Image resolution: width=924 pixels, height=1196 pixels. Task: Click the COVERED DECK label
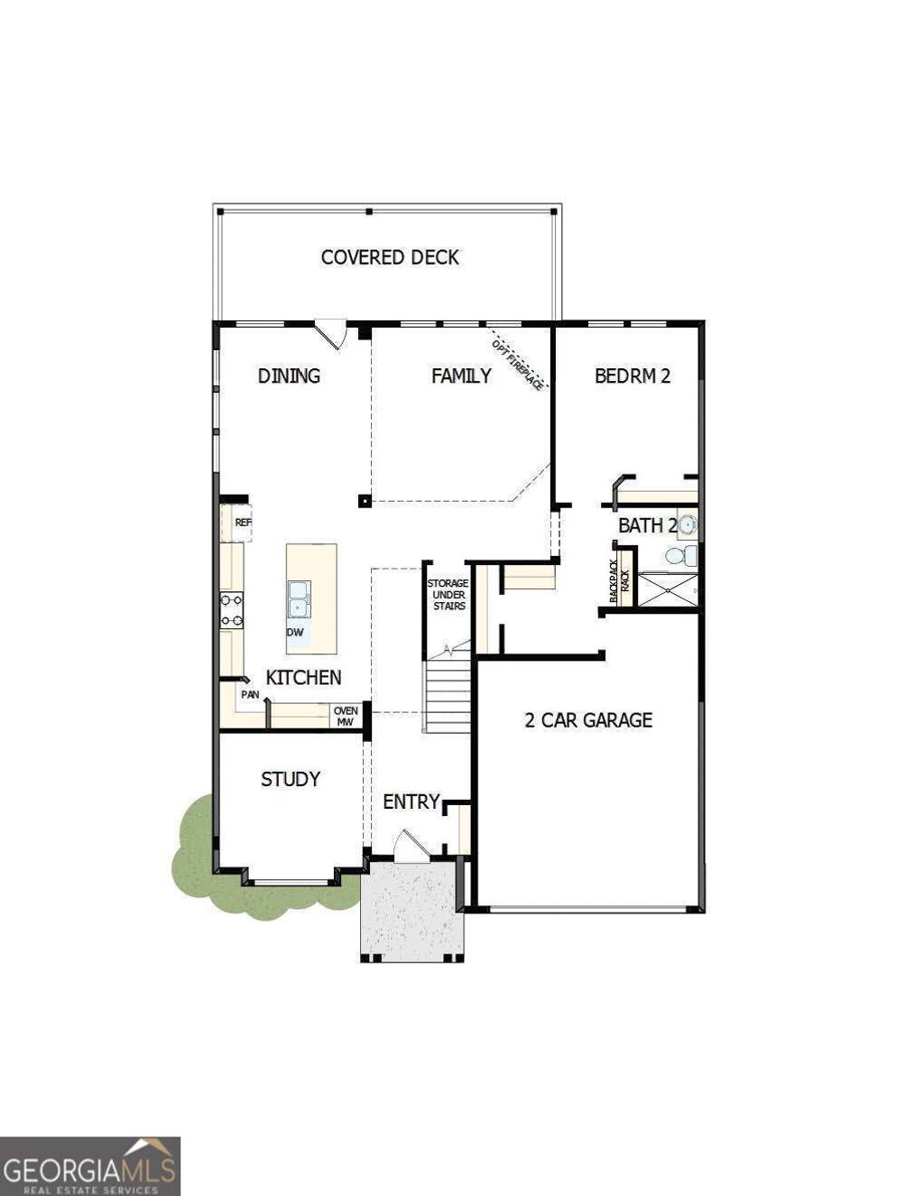390,257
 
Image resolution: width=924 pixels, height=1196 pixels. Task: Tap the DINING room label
289,375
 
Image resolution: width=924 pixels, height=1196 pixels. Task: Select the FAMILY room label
461,375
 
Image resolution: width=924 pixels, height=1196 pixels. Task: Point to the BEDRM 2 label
633,375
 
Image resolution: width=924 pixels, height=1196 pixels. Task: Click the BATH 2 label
647,525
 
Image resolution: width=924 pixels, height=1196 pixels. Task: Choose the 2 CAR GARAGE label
588,719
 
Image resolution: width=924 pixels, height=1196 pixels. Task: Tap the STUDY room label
291,779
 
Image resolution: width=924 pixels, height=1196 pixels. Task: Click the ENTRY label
411,802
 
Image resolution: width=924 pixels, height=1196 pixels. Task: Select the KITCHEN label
303,677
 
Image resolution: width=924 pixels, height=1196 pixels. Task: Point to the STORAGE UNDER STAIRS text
448,595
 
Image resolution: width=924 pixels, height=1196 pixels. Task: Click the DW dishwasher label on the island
295,632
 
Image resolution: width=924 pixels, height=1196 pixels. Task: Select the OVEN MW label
346,716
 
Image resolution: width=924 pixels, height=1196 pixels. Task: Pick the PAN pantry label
250,695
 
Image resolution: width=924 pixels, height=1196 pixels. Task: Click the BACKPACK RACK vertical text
619,581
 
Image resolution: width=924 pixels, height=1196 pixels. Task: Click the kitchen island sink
297,598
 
